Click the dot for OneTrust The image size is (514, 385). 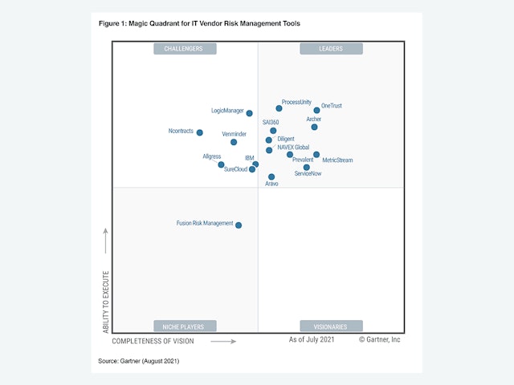[x=317, y=111]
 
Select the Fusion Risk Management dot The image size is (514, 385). [x=239, y=225]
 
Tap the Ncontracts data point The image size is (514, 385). [x=200, y=133]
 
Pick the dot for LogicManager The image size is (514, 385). [x=250, y=113]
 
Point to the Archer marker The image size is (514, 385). [x=314, y=127]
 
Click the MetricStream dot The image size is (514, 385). [x=316, y=155]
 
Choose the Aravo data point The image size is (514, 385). [x=271, y=176]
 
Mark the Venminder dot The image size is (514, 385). [x=234, y=142]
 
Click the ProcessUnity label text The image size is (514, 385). [x=296, y=102]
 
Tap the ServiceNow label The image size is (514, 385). [x=308, y=174]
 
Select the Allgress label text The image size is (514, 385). [x=212, y=156]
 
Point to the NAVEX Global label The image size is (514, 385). [x=293, y=148]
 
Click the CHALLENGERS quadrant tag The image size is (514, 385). [x=185, y=49]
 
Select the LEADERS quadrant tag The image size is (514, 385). [x=331, y=49]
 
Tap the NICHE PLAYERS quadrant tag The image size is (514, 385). [x=185, y=326]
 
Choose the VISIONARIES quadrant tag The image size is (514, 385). [x=331, y=326]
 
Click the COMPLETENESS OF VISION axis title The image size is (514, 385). [x=153, y=341]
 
